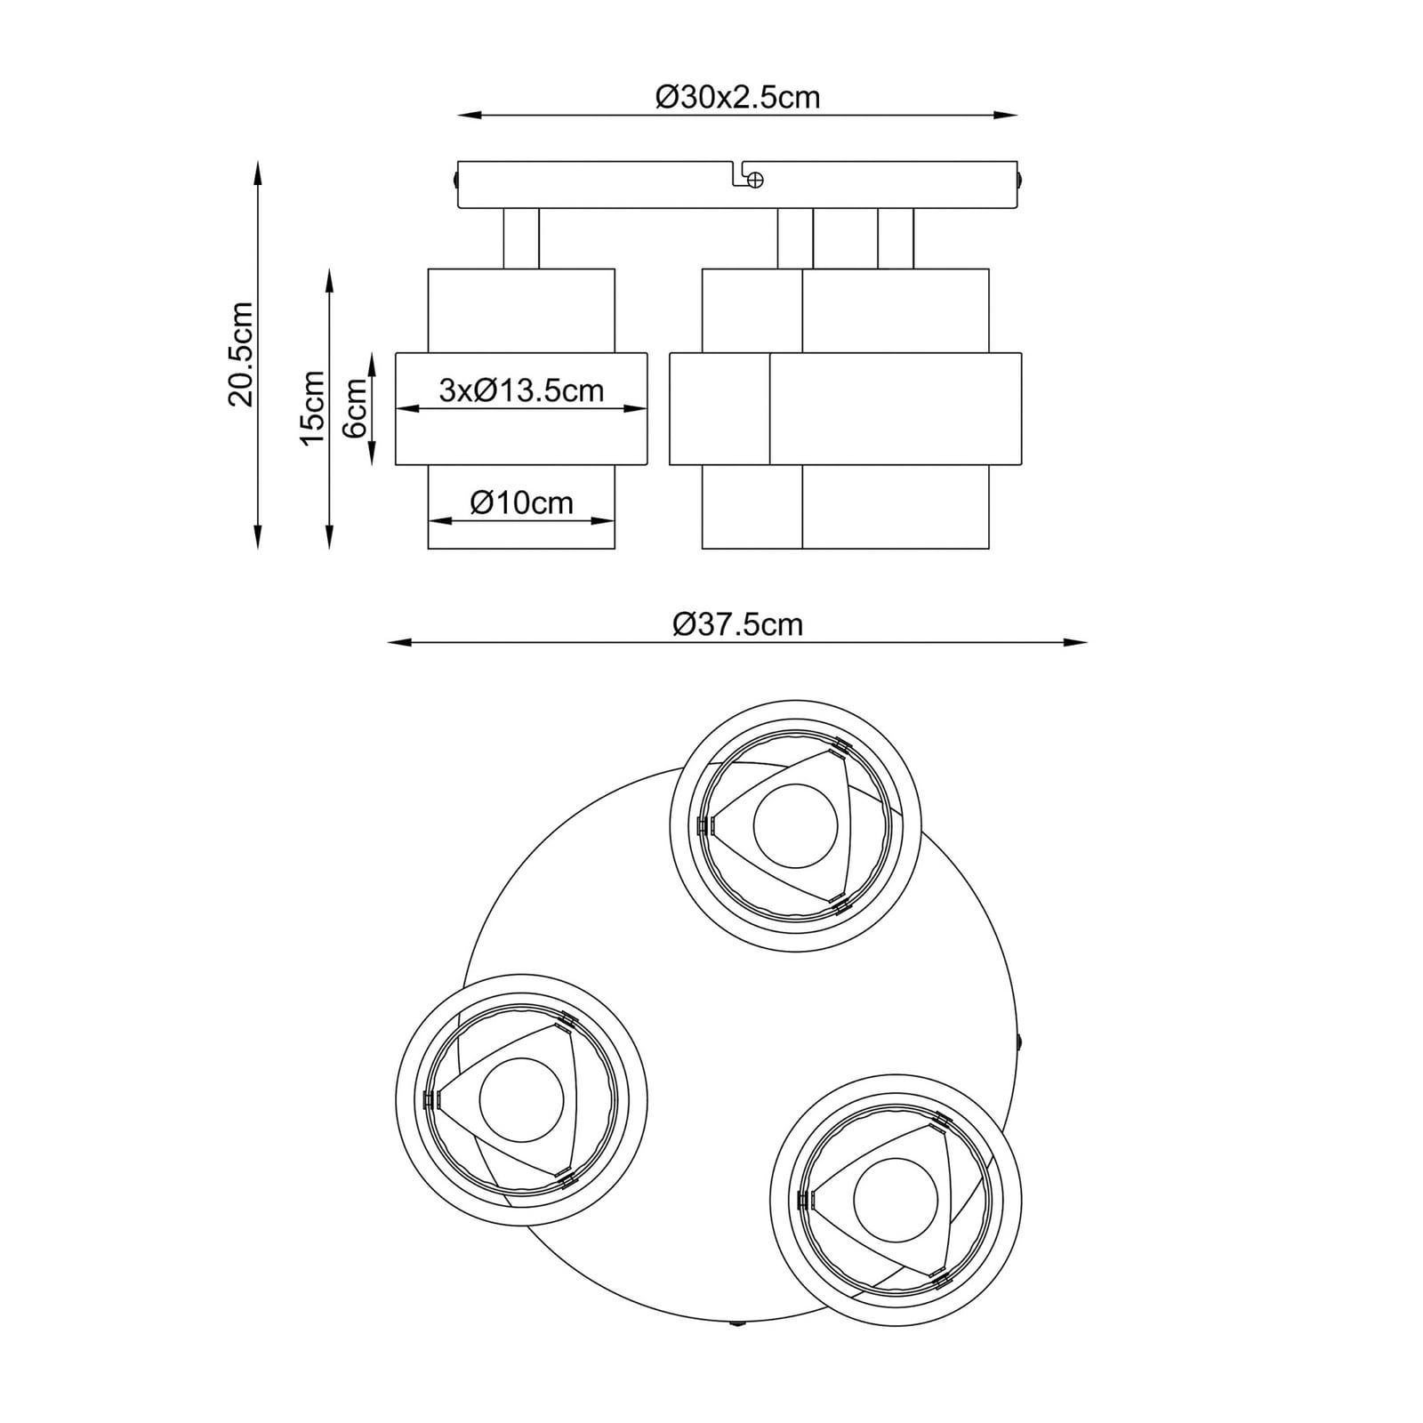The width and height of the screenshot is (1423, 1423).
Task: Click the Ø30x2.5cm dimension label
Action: tap(737, 96)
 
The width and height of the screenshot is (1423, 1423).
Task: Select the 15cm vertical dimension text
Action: tap(312, 408)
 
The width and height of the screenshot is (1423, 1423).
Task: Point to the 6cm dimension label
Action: tap(354, 408)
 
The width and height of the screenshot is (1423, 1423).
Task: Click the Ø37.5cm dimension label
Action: tap(737, 624)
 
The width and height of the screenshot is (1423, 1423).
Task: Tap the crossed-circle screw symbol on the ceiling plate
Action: tap(754, 180)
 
